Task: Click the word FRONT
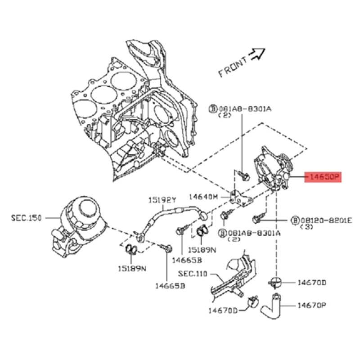coord(232,67)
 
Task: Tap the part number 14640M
coord(203,197)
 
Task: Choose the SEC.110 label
coord(192,273)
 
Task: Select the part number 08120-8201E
coord(327,220)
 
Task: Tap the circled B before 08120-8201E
coord(295,220)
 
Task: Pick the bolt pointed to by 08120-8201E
coord(257,219)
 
